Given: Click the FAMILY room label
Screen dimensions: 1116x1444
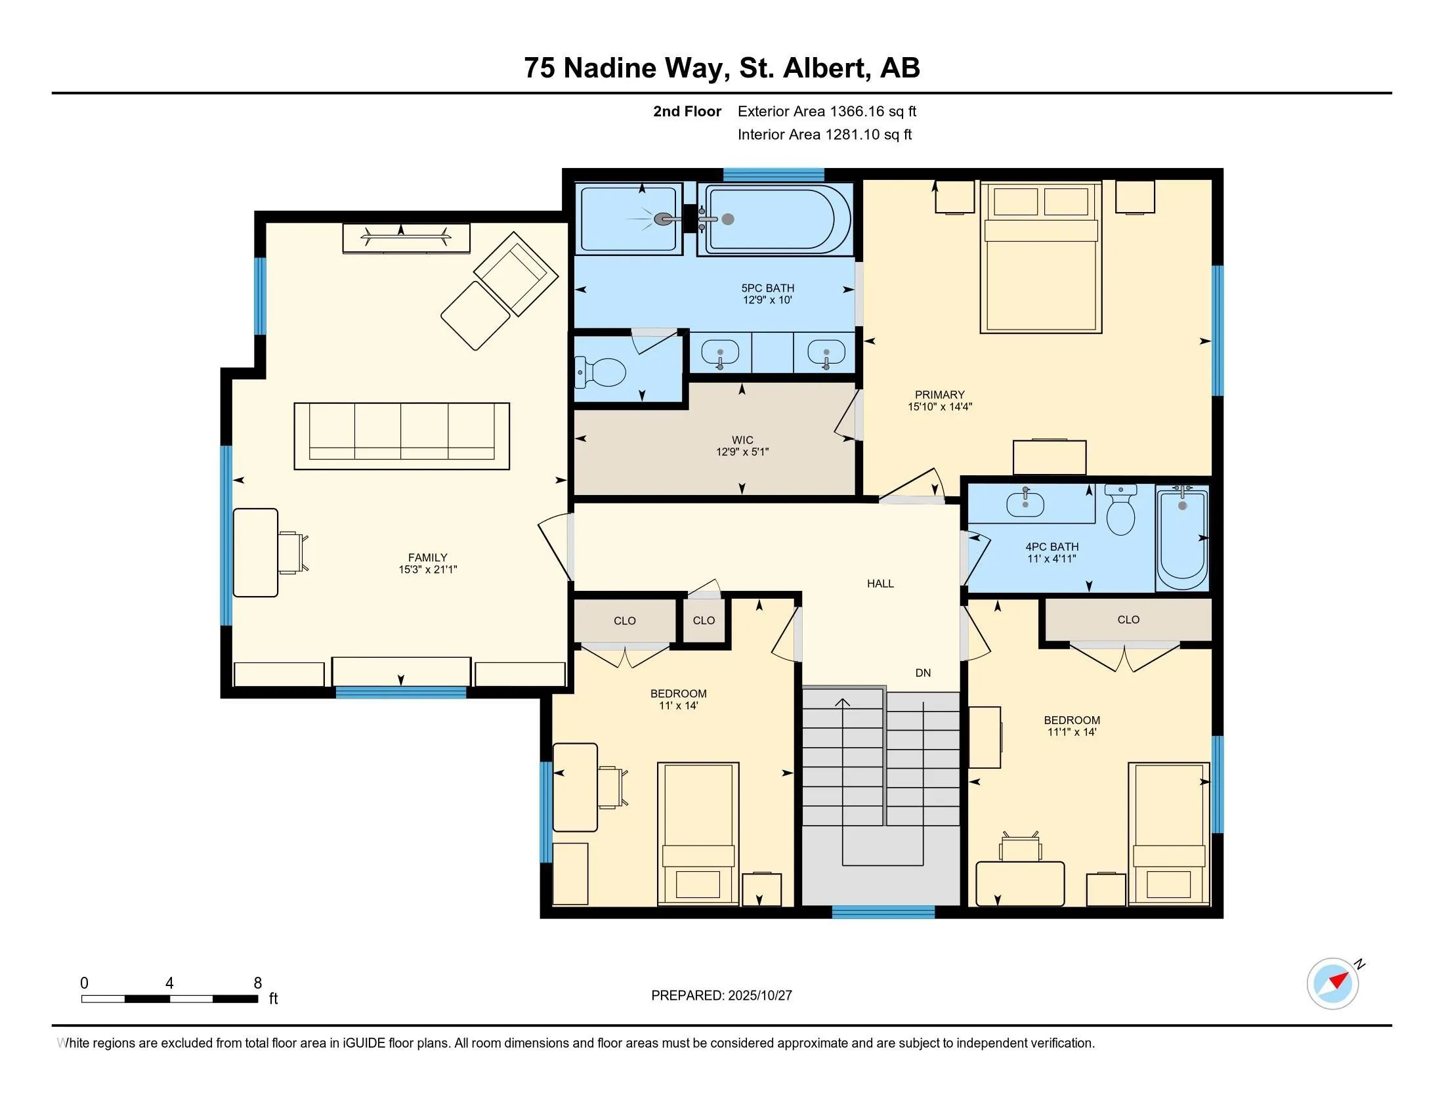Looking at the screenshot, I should pos(427,557).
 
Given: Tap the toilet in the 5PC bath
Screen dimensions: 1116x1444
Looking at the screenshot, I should pos(602,373).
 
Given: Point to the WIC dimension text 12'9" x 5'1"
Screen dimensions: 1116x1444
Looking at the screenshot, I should pos(742,452).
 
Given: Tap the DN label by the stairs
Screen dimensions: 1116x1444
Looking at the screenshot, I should pos(923,673).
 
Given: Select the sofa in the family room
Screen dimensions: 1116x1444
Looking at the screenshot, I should pos(401,436).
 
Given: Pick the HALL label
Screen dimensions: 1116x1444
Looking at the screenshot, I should pos(880,583).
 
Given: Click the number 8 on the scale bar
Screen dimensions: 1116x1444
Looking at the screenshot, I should pos(258,983).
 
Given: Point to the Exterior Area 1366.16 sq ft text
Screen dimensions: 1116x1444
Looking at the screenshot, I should pos(826,111).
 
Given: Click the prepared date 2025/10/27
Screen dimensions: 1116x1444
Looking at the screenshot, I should pos(759,996).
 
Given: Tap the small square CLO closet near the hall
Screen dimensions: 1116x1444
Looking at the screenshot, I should pos(704,620).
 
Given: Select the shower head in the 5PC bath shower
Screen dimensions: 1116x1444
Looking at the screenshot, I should pos(662,219).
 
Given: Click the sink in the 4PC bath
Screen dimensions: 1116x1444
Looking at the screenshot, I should pos(1025,504).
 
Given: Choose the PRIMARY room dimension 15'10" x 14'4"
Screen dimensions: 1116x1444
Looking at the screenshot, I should pos(939,407).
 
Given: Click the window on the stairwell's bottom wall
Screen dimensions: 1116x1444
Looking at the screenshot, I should pos(883,912).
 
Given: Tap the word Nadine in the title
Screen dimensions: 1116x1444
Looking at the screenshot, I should pos(610,68).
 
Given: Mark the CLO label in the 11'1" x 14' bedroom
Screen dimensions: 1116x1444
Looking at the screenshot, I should pos(1128,620).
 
